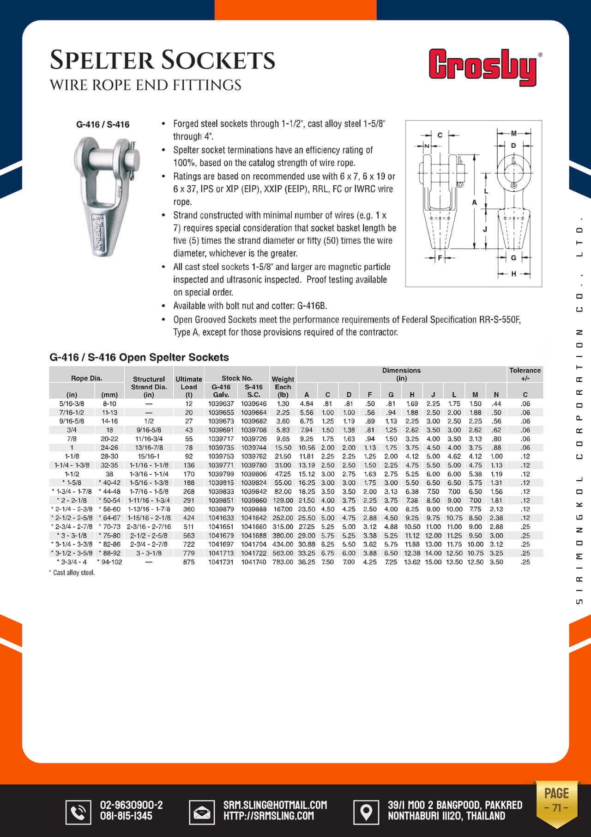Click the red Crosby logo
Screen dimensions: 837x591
482,67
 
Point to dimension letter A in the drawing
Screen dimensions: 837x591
474,202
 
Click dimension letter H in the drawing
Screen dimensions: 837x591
513,274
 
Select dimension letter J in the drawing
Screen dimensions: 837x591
485,229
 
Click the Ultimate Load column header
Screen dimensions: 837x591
189,383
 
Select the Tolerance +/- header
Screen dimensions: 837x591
525,374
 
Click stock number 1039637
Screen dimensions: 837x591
221,403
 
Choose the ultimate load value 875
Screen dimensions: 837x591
189,562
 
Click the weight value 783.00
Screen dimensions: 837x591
283,562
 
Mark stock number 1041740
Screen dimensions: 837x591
253,562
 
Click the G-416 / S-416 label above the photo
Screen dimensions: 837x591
103,124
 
